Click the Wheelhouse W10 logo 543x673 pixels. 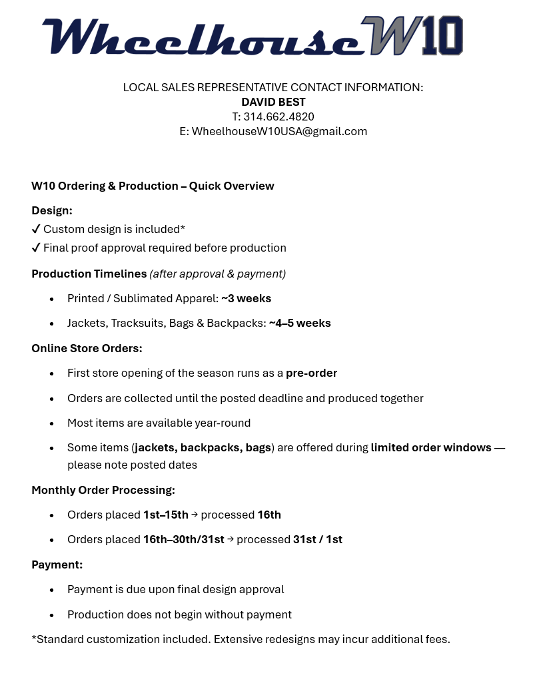pyautogui.click(x=252, y=36)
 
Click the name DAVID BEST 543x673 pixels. pyautogui.click(x=273, y=102)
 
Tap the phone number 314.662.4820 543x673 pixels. pyautogui.click(x=278, y=116)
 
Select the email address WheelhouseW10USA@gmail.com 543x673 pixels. pyautogui.click(x=279, y=131)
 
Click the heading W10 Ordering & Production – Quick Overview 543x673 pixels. pyautogui.click(x=153, y=186)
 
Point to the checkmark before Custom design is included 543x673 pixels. pyautogui.click(x=36, y=229)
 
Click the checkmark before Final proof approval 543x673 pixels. pyautogui.click(x=36, y=248)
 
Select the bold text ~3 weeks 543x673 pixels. pyautogui.click(x=246, y=298)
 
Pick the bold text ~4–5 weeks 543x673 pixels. pyautogui.click(x=300, y=323)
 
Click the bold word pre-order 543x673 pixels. pyautogui.click(x=311, y=373)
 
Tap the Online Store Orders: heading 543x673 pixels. pyautogui.click(x=87, y=348)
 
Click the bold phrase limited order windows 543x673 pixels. pyautogui.click(x=431, y=447)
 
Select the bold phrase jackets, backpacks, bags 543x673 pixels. pyautogui.click(x=203, y=447)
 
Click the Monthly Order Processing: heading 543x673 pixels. pyautogui.click(x=103, y=490)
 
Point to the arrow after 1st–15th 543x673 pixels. pyautogui.click(x=195, y=515)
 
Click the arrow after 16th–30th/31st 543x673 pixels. pyautogui.click(x=231, y=539)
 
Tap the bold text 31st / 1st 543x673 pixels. pyautogui.click(x=318, y=539)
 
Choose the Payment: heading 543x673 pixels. pyautogui.click(x=57, y=564)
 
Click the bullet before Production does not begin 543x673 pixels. pyautogui.click(x=52, y=615)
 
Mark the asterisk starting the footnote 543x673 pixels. pyautogui.click(x=34, y=638)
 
